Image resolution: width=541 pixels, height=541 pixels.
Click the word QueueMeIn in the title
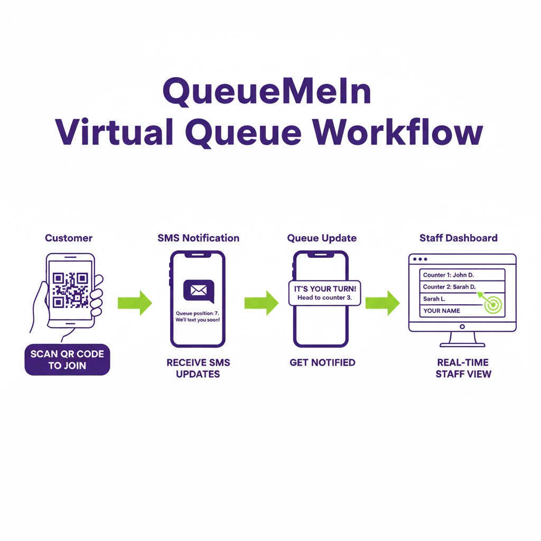coord(266,91)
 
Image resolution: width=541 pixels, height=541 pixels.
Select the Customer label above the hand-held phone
coord(69,238)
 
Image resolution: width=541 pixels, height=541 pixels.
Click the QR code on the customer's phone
coord(70,290)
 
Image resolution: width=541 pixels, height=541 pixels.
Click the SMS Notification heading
coord(198,238)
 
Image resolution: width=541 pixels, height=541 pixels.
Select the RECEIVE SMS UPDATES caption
coord(198,368)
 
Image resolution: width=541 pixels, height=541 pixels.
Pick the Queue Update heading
coord(322,238)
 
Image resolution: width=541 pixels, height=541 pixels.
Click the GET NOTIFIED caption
coord(322,363)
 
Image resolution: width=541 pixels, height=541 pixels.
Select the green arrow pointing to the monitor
coord(383,303)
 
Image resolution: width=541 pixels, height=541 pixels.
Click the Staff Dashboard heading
coord(459,238)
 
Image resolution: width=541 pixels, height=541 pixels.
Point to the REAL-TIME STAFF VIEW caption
coord(463,368)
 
